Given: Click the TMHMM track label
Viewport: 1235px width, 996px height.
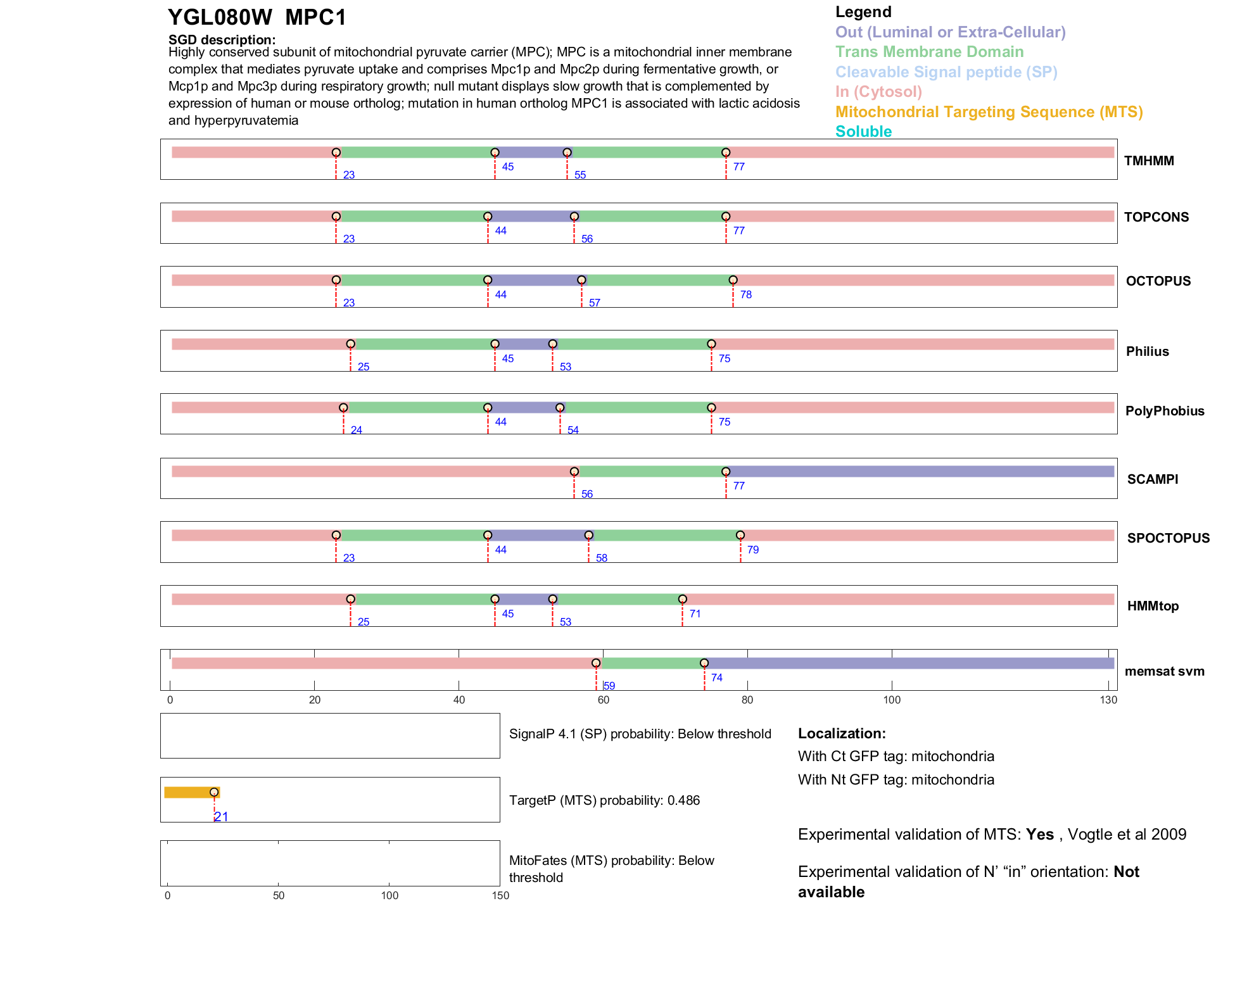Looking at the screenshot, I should tap(1149, 161).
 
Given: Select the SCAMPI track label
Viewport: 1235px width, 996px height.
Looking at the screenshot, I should tap(1153, 479).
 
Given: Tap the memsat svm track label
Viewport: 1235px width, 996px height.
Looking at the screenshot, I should tap(1164, 671).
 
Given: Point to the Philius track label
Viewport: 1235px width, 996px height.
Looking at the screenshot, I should tap(1147, 351).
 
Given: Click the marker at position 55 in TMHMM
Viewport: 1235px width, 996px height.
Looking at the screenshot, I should tap(567, 153).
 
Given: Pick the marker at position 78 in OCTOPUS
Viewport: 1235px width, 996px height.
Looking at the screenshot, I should tap(733, 280).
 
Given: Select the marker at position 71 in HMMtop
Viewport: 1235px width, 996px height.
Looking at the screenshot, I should tap(682, 599).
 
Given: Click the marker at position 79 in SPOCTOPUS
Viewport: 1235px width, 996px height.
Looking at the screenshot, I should tap(740, 535).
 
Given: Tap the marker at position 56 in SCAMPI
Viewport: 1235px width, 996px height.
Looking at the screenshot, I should tap(574, 472).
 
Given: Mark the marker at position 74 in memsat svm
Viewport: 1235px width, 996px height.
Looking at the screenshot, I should tap(704, 663).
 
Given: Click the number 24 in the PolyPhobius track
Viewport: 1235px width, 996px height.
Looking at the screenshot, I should tap(357, 430).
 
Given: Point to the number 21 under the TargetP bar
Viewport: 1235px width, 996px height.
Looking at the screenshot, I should tap(221, 817).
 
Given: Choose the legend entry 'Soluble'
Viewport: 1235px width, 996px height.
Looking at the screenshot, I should tap(863, 132).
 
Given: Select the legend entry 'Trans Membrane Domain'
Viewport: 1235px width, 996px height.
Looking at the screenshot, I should tap(929, 52).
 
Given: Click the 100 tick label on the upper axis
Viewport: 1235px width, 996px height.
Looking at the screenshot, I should tap(892, 700).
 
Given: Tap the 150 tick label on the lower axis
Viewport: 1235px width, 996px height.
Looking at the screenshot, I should tap(500, 895).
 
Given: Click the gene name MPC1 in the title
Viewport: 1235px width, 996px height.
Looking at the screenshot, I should tap(315, 18).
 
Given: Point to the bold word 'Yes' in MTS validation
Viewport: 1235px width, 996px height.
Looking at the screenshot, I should tap(1039, 835).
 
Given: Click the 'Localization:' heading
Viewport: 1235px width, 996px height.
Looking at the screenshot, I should tap(842, 733).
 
